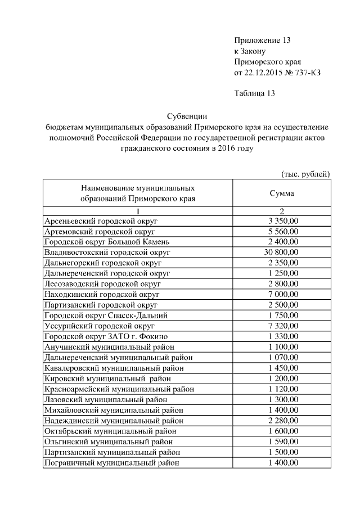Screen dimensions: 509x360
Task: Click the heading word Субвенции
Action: click(187, 115)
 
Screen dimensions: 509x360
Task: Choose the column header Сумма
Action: click(282, 193)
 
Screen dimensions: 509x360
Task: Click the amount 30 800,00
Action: click(282, 252)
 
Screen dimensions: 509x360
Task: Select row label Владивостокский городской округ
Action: click(107, 252)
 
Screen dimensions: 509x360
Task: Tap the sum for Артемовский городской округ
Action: click(283, 231)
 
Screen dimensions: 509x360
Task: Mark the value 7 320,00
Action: click(283, 326)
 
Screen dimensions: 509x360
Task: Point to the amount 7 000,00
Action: click(283, 294)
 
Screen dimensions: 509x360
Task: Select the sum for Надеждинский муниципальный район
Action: click(283, 420)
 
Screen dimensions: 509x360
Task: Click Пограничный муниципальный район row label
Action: click(112, 462)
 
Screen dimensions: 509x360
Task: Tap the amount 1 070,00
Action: click(283, 357)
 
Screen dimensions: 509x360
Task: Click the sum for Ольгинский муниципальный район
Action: click(283, 442)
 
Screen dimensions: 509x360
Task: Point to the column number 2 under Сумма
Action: click(282, 210)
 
